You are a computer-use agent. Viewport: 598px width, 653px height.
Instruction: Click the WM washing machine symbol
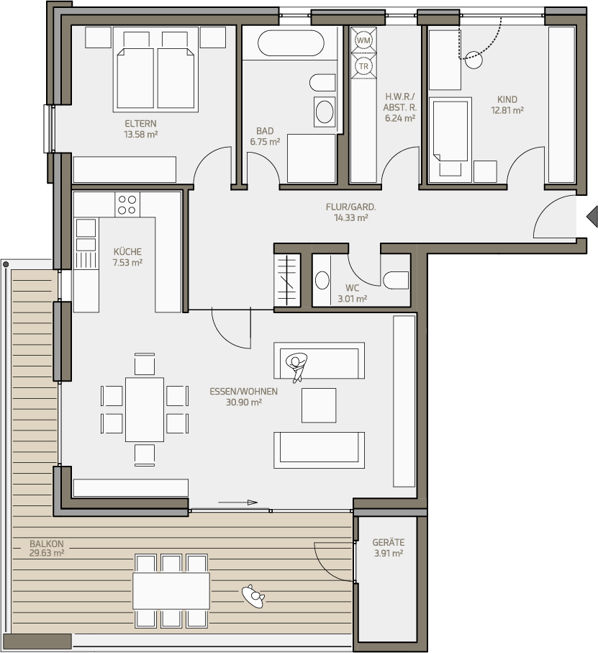point(363,40)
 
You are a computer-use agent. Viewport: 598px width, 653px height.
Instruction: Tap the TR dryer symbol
point(363,66)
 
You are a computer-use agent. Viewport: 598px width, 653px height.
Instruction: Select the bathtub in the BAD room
point(291,43)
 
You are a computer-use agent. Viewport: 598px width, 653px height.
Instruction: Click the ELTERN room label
point(140,124)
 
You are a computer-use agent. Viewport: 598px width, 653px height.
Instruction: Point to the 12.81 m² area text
point(507,110)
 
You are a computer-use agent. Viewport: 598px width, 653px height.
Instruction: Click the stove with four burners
point(127,204)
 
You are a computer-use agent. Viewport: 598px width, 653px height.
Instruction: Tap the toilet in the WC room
point(397,280)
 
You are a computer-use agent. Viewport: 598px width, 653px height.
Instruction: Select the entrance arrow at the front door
point(592,217)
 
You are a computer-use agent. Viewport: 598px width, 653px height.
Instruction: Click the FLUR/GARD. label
point(350,207)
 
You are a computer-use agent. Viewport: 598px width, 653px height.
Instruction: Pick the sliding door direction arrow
point(238,503)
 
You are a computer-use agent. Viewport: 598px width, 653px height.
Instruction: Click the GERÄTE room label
point(389,543)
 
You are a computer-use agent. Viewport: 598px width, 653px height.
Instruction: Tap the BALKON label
point(47,544)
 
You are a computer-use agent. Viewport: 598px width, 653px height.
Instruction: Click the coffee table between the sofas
point(319,405)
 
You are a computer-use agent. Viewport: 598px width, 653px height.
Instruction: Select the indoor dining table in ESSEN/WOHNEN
point(145,410)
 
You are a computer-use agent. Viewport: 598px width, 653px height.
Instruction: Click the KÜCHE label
point(127,252)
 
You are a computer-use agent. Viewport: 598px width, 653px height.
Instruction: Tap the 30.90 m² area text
point(244,402)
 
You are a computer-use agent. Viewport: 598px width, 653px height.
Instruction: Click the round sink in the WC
point(322,280)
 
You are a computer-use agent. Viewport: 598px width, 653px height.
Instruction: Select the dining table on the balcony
point(171,590)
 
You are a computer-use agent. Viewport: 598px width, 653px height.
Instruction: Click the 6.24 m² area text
point(400,118)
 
